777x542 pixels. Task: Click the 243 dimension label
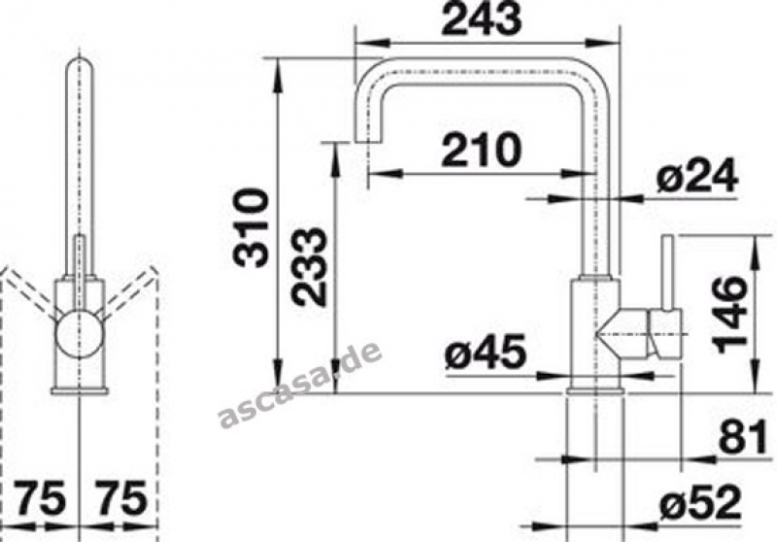click(481, 18)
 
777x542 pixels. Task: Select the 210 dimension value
click(482, 151)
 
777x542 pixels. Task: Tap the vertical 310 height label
click(252, 228)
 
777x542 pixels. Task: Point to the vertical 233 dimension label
click(309, 265)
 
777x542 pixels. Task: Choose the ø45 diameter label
click(485, 352)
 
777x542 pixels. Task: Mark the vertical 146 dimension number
click(728, 315)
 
